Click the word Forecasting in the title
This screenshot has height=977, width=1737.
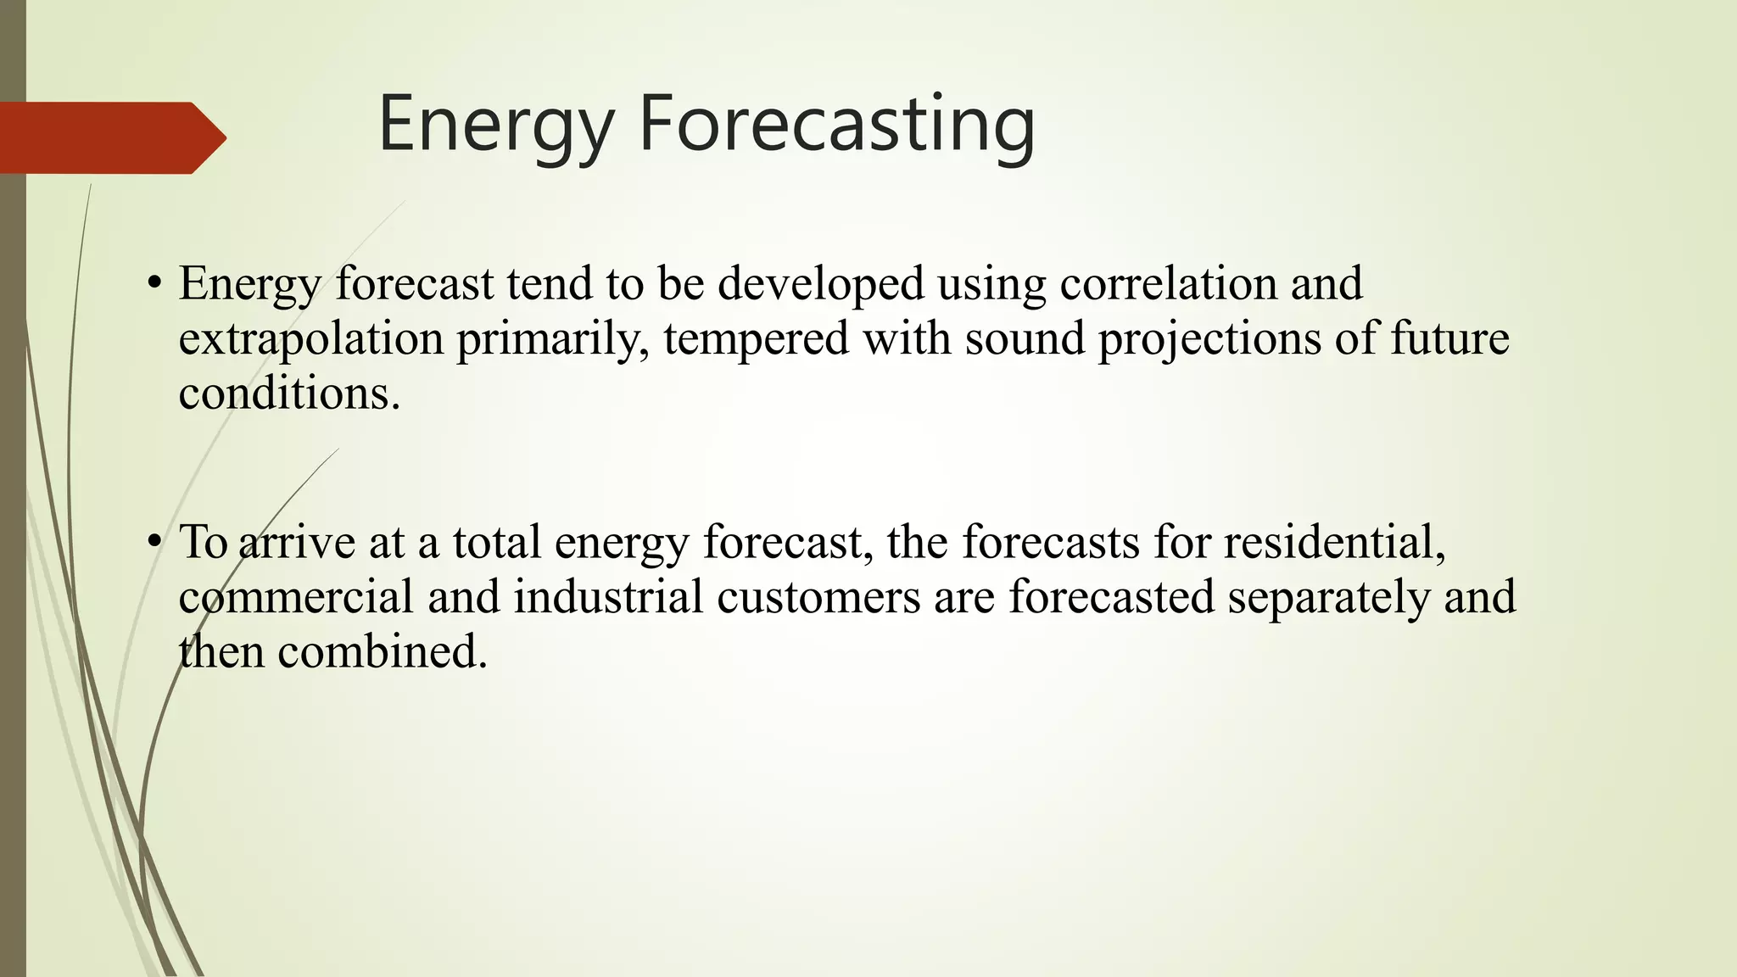click(x=835, y=125)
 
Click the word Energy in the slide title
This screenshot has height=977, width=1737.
click(x=496, y=125)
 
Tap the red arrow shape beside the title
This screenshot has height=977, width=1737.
click(x=110, y=138)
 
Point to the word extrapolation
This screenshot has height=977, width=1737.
click(x=310, y=339)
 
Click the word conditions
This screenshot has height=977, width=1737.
click(x=288, y=394)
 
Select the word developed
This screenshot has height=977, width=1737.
click(x=820, y=284)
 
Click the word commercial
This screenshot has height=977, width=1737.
click(x=295, y=596)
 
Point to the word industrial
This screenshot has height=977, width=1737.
click(x=608, y=596)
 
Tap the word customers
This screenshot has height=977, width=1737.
click(x=818, y=596)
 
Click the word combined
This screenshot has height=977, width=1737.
click(x=382, y=652)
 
